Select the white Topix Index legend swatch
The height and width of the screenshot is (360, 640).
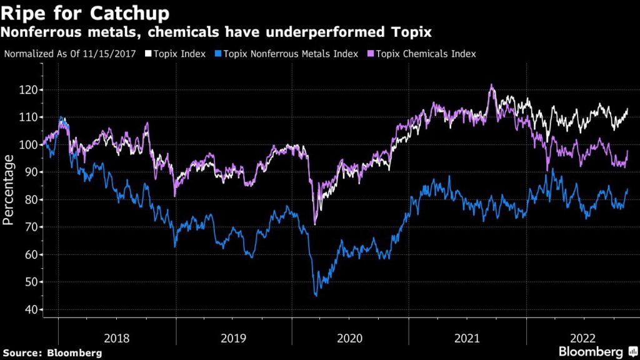(148, 54)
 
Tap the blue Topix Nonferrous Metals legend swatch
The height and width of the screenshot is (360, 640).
(217, 54)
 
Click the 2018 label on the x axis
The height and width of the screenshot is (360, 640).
(117, 338)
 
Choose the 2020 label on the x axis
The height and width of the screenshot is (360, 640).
(350, 338)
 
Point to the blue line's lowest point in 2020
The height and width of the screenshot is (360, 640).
(316, 295)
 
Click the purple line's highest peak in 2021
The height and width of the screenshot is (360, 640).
(491, 85)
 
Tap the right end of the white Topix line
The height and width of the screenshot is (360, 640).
(627, 109)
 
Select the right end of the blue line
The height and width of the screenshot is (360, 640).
(627, 189)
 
